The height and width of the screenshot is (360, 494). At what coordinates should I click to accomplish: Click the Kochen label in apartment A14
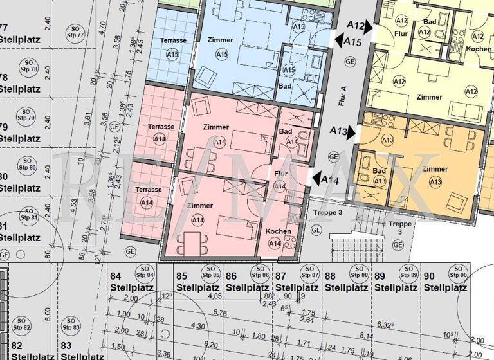click(278, 231)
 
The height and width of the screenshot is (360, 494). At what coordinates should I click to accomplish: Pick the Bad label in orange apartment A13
click(379, 170)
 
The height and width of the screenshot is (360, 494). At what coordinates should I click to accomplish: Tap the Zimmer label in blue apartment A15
click(221, 40)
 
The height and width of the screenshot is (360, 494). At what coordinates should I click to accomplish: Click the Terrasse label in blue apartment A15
click(174, 40)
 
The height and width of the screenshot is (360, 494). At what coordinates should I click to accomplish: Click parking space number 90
click(430, 276)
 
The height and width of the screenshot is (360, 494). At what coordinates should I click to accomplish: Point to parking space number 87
click(280, 276)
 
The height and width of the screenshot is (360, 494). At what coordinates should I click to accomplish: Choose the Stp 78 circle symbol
click(29, 66)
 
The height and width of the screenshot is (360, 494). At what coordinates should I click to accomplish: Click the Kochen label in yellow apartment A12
click(479, 50)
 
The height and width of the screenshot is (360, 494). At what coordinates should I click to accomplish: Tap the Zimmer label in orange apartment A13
click(435, 168)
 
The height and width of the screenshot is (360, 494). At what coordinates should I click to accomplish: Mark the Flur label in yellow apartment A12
click(401, 33)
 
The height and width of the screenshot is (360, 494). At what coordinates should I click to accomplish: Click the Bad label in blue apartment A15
click(284, 85)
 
